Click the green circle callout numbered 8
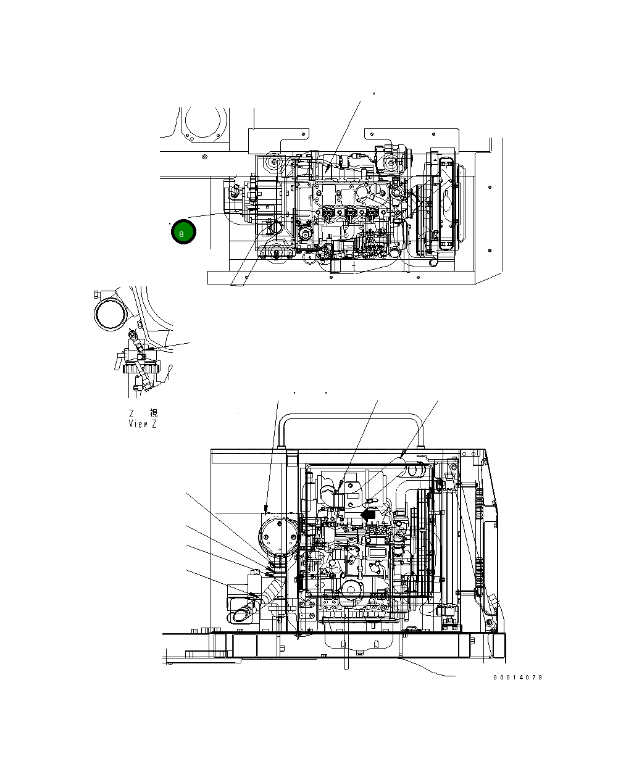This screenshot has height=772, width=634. (183, 232)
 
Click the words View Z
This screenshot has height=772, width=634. (143, 424)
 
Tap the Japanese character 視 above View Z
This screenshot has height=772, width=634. (154, 413)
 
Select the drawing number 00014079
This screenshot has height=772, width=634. (517, 678)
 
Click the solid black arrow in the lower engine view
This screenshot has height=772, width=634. (368, 513)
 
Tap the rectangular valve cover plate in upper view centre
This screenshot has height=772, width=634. (336, 194)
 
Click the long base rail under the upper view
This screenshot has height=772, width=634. (341, 278)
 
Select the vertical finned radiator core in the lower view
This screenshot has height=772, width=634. (426, 543)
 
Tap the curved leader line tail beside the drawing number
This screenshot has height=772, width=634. (432, 671)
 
